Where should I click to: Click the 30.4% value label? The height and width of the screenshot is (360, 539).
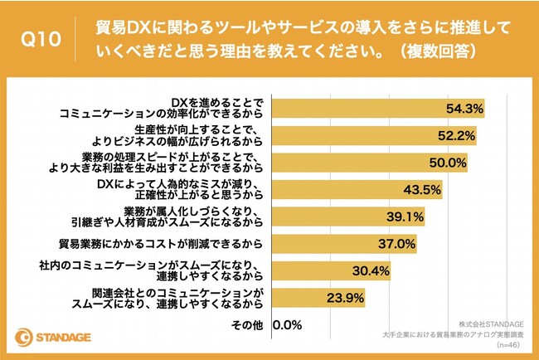coord(373,271)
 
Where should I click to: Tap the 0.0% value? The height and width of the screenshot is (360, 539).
coord(287,324)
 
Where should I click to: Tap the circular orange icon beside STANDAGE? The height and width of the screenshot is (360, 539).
coord(24,338)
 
